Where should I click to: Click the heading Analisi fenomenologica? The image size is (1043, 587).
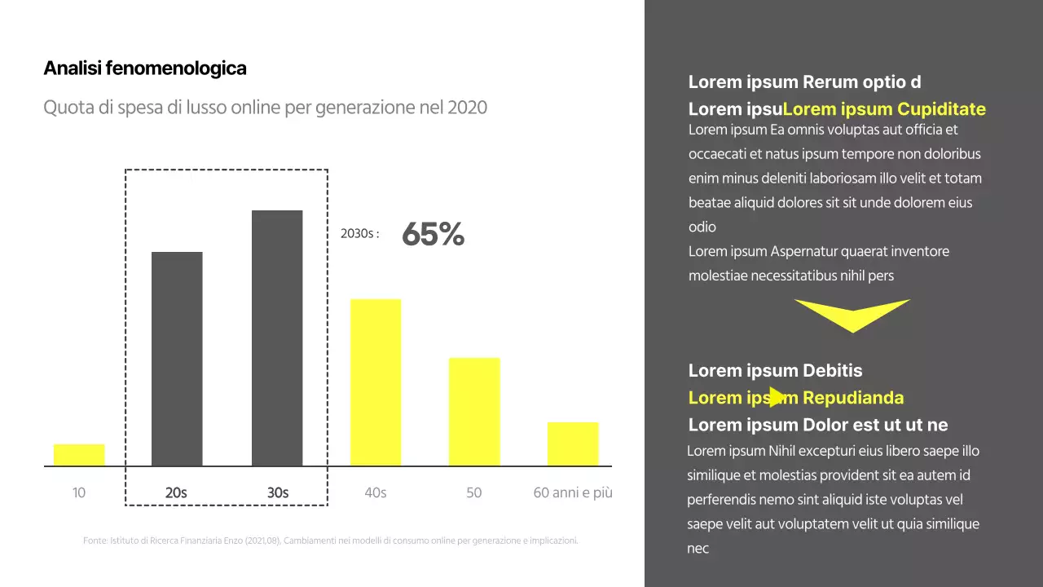pyautogui.click(x=145, y=68)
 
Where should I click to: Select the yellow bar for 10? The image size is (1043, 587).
pyautogui.click(x=79, y=455)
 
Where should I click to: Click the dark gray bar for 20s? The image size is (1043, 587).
pyautogui.click(x=177, y=359)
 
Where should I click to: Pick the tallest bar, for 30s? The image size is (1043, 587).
pyautogui.click(x=277, y=338)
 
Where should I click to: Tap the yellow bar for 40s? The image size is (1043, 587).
pyautogui.click(x=376, y=382)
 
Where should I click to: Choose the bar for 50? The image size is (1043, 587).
pyautogui.click(x=474, y=412)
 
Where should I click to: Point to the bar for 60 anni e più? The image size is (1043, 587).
pyautogui.click(x=573, y=444)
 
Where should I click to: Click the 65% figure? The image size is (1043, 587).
pyautogui.click(x=433, y=235)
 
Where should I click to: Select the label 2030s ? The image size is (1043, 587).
pyautogui.click(x=359, y=234)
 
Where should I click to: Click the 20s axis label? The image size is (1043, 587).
pyautogui.click(x=176, y=492)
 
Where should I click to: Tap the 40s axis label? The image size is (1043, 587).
pyautogui.click(x=376, y=492)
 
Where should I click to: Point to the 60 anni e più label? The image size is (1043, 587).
pyautogui.click(x=573, y=492)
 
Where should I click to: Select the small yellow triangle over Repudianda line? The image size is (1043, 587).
pyautogui.click(x=777, y=397)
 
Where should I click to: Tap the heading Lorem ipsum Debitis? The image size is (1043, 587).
pyautogui.click(x=775, y=371)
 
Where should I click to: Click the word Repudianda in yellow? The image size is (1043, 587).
pyautogui.click(x=853, y=398)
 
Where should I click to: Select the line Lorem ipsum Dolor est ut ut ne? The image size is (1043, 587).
pyautogui.click(x=818, y=425)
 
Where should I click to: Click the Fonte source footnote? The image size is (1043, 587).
pyautogui.click(x=331, y=541)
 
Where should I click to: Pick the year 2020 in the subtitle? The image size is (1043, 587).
pyautogui.click(x=468, y=108)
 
